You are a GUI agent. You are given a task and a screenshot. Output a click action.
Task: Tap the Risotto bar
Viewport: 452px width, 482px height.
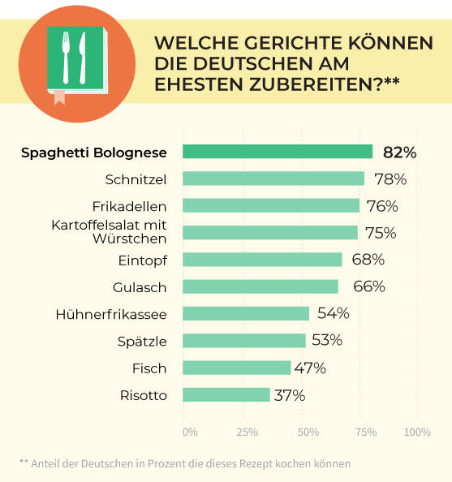[x=226, y=395]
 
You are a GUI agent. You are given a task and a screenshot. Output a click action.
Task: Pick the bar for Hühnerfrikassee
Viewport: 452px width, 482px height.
[x=246, y=313]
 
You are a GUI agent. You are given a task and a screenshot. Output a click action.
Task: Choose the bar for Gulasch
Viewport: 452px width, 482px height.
[x=260, y=286]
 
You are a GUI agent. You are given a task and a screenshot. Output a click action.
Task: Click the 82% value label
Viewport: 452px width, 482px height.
[x=400, y=152]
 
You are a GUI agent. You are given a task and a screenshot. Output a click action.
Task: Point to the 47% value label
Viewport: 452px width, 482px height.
[x=310, y=368]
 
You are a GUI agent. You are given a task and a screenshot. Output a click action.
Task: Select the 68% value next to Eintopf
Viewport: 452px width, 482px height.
[x=368, y=260]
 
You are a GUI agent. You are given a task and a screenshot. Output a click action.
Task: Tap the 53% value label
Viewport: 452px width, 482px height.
[x=325, y=341]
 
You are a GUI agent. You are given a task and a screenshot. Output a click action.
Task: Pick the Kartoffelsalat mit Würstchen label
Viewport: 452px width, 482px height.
[x=115, y=232]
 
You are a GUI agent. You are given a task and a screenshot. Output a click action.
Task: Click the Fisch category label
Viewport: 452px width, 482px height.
[x=149, y=368]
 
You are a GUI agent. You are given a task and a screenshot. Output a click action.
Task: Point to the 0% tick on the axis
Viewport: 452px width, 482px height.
[x=189, y=431]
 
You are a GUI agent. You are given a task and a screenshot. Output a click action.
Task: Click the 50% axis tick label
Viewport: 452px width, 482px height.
[x=308, y=431]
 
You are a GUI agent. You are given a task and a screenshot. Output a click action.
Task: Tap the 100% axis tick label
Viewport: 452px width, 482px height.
[x=417, y=431]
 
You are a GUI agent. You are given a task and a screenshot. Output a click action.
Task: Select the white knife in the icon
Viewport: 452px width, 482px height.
[x=83, y=58]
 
